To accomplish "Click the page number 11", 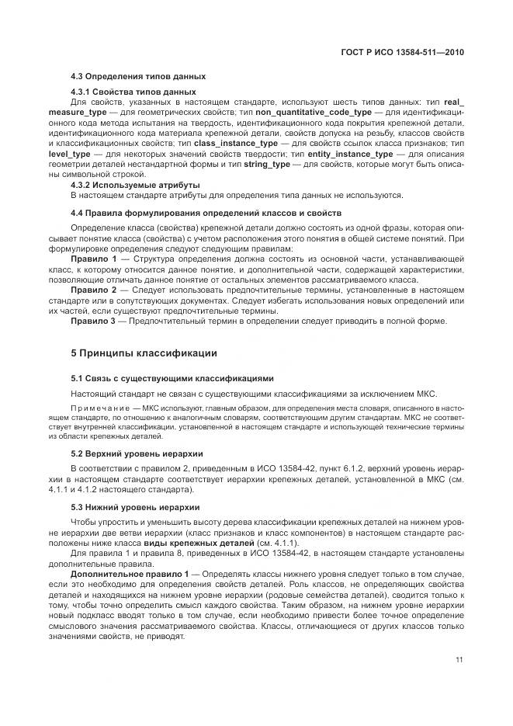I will pyautogui.click(x=459, y=661).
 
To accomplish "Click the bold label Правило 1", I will pyautogui.click(x=94, y=258).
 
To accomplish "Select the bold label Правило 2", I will pyautogui.click(x=94, y=288).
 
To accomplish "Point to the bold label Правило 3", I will pyautogui.click(x=94, y=319).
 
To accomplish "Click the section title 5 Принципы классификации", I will pyautogui.click(x=144, y=354).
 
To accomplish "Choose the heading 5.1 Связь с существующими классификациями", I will pyautogui.click(x=172, y=379).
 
